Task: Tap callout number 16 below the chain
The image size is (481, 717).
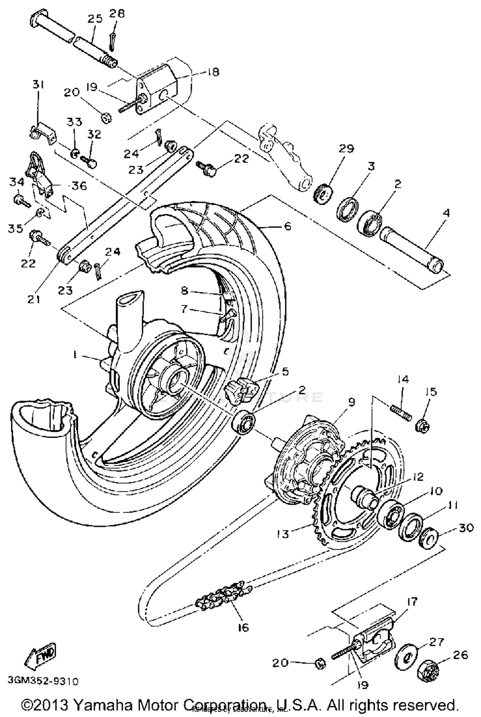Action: [x=243, y=627]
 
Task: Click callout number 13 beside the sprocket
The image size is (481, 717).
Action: [x=283, y=534]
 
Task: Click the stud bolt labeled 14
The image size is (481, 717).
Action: [x=401, y=413]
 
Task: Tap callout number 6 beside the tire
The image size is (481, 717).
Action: [x=288, y=226]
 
